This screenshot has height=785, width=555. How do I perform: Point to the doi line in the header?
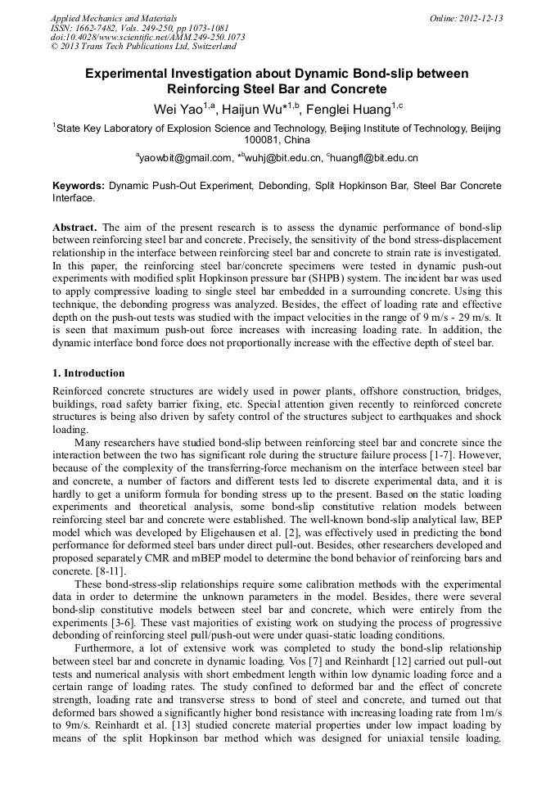click(147, 38)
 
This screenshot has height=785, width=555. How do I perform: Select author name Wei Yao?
click(181, 109)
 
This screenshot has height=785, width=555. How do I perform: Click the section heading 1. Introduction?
click(88, 373)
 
